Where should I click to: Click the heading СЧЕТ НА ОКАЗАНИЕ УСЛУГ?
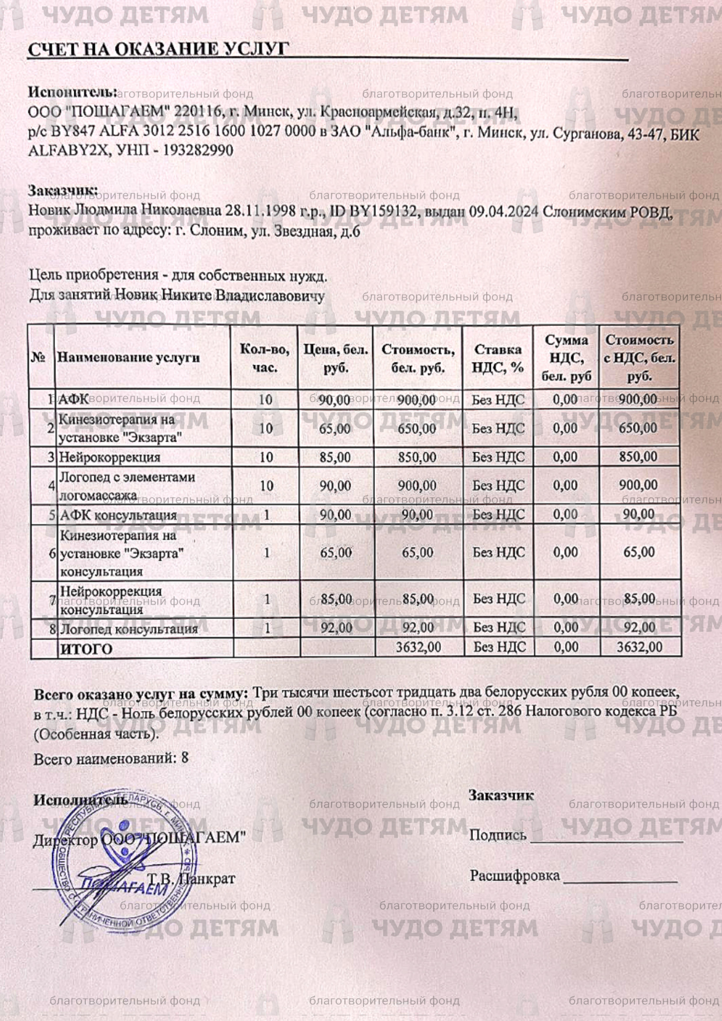(x=158, y=49)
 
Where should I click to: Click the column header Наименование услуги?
(x=129, y=358)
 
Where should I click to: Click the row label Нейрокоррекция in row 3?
(x=110, y=457)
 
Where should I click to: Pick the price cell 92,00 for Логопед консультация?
(x=336, y=628)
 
